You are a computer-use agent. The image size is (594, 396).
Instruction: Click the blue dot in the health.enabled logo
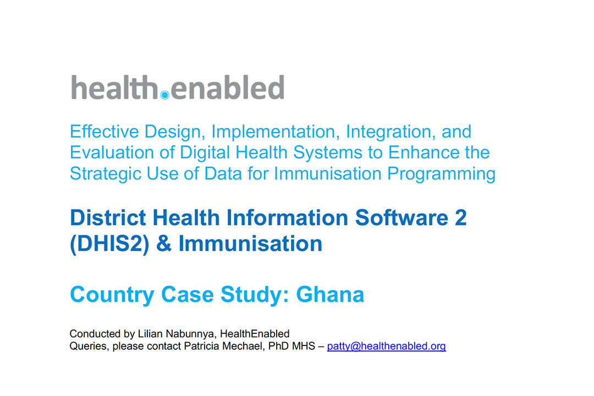tap(165, 95)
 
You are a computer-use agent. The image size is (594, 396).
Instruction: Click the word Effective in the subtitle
tap(105, 131)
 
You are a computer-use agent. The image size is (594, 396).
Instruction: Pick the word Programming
tap(441, 174)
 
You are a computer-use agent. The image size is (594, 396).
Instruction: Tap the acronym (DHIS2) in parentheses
tap(110, 243)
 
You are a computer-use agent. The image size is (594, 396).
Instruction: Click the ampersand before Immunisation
tap(164, 243)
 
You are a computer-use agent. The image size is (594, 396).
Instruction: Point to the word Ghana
tap(330, 294)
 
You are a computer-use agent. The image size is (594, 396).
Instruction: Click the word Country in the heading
tap(112, 294)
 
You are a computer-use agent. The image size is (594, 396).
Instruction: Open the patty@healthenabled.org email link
tap(387, 346)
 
